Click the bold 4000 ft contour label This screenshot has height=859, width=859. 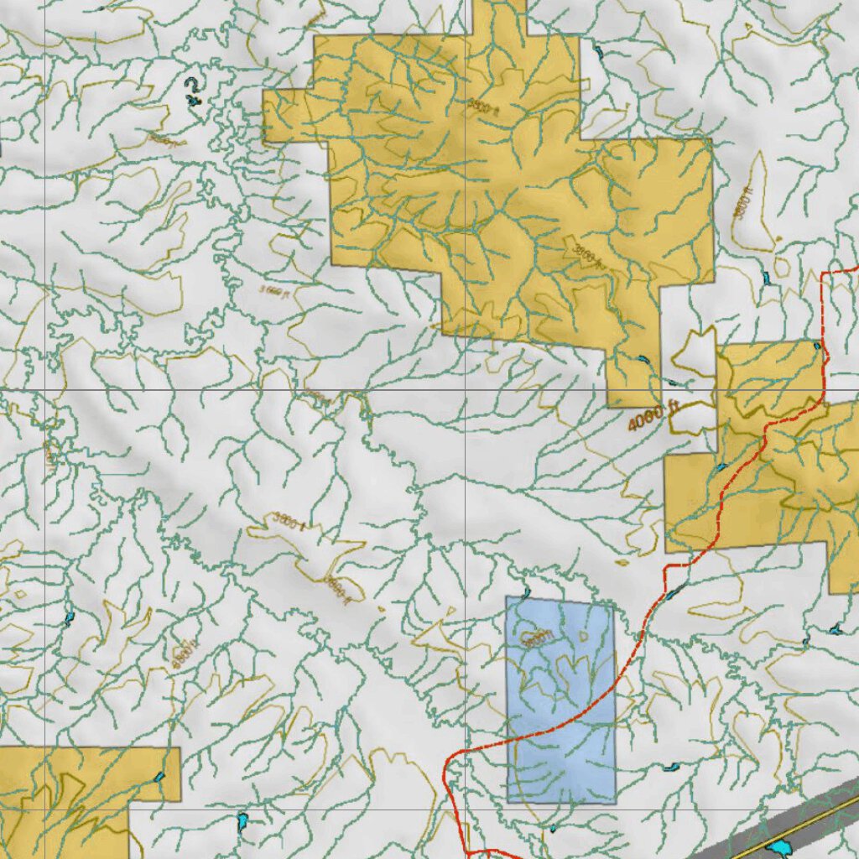[652, 416]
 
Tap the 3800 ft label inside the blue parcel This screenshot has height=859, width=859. [538, 638]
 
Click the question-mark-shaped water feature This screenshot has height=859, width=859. [195, 90]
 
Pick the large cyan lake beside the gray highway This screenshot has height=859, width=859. [777, 849]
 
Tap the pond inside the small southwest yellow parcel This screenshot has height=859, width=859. [160, 777]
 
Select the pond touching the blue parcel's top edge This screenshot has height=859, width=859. [526, 594]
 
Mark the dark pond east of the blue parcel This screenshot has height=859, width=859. [670, 767]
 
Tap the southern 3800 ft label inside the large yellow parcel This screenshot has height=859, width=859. [587, 253]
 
